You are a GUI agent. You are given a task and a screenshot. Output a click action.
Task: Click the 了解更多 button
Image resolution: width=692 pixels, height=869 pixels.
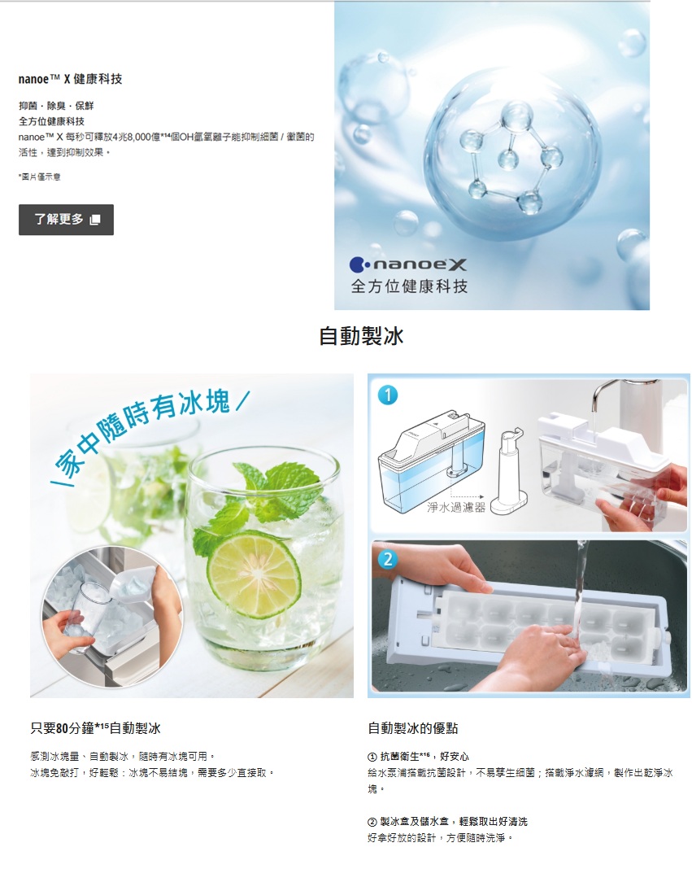pos(66,220)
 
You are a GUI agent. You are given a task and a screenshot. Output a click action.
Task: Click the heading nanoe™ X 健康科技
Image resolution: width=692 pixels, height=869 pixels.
pos(71,79)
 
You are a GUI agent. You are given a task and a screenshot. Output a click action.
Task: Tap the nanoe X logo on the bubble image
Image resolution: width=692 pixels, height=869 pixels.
pos(408,265)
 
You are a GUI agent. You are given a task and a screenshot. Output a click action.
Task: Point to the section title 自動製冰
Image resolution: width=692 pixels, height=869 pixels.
pos(361,336)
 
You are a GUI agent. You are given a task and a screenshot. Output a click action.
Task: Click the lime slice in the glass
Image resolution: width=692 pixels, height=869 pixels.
pos(255,573)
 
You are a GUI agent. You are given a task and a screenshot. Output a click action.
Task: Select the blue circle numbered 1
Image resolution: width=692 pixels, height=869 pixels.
pos(388,395)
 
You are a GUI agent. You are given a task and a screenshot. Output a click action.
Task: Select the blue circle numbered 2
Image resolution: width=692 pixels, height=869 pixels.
pos(388,559)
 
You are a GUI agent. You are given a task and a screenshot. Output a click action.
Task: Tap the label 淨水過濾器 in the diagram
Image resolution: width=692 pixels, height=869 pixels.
pos(456,507)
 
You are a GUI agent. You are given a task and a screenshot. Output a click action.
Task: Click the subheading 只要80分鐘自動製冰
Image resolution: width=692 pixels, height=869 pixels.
pos(95,728)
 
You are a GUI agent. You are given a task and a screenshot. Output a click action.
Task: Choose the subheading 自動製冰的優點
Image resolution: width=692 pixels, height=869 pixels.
pos(413,728)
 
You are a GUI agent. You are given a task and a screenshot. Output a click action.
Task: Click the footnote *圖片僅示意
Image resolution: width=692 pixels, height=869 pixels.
pos(39,177)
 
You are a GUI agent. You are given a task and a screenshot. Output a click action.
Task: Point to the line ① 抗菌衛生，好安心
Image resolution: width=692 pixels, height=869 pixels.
pos(418,757)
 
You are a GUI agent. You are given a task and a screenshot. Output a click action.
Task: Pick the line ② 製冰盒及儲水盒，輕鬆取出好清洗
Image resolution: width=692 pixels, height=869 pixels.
pos(448,821)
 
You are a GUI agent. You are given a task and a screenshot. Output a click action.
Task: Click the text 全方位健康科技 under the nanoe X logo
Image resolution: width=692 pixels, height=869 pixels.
pos(410,286)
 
